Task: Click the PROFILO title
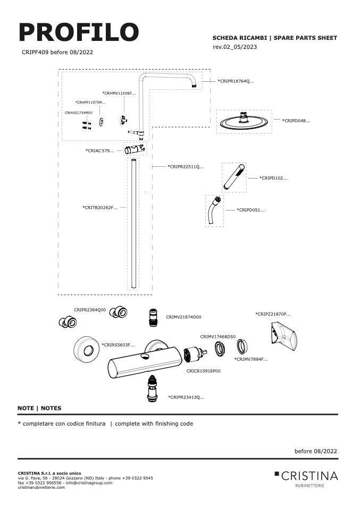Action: (x=79, y=32)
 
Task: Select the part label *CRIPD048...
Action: (x=296, y=121)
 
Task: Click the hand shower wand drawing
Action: (x=234, y=177)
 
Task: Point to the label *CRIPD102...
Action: (x=273, y=178)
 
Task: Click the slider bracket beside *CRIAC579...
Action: (x=135, y=149)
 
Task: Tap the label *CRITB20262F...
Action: (x=100, y=207)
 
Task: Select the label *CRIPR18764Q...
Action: (x=236, y=81)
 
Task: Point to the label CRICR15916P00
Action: (x=203, y=371)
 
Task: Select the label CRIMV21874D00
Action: (x=183, y=317)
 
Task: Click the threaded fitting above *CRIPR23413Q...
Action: (x=153, y=388)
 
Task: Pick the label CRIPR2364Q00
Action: (x=90, y=310)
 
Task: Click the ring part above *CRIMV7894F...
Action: (x=242, y=346)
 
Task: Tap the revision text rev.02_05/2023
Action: (x=235, y=47)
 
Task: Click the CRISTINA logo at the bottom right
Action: (x=306, y=478)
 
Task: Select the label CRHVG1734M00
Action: (x=79, y=113)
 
